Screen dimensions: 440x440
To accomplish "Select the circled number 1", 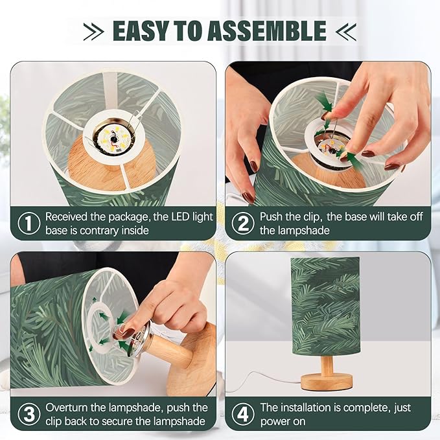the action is point(29,223).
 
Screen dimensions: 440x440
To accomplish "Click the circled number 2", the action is point(243,223).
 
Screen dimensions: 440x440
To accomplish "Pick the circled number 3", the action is point(29,414).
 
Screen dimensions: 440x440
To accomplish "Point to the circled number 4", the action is point(243,414).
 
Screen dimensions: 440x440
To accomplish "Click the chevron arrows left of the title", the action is point(93,31).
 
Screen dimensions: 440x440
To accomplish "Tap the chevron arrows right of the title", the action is point(346,31).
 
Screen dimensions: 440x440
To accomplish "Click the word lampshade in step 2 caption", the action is point(304,231).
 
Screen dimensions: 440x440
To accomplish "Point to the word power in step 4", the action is point(275,422).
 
